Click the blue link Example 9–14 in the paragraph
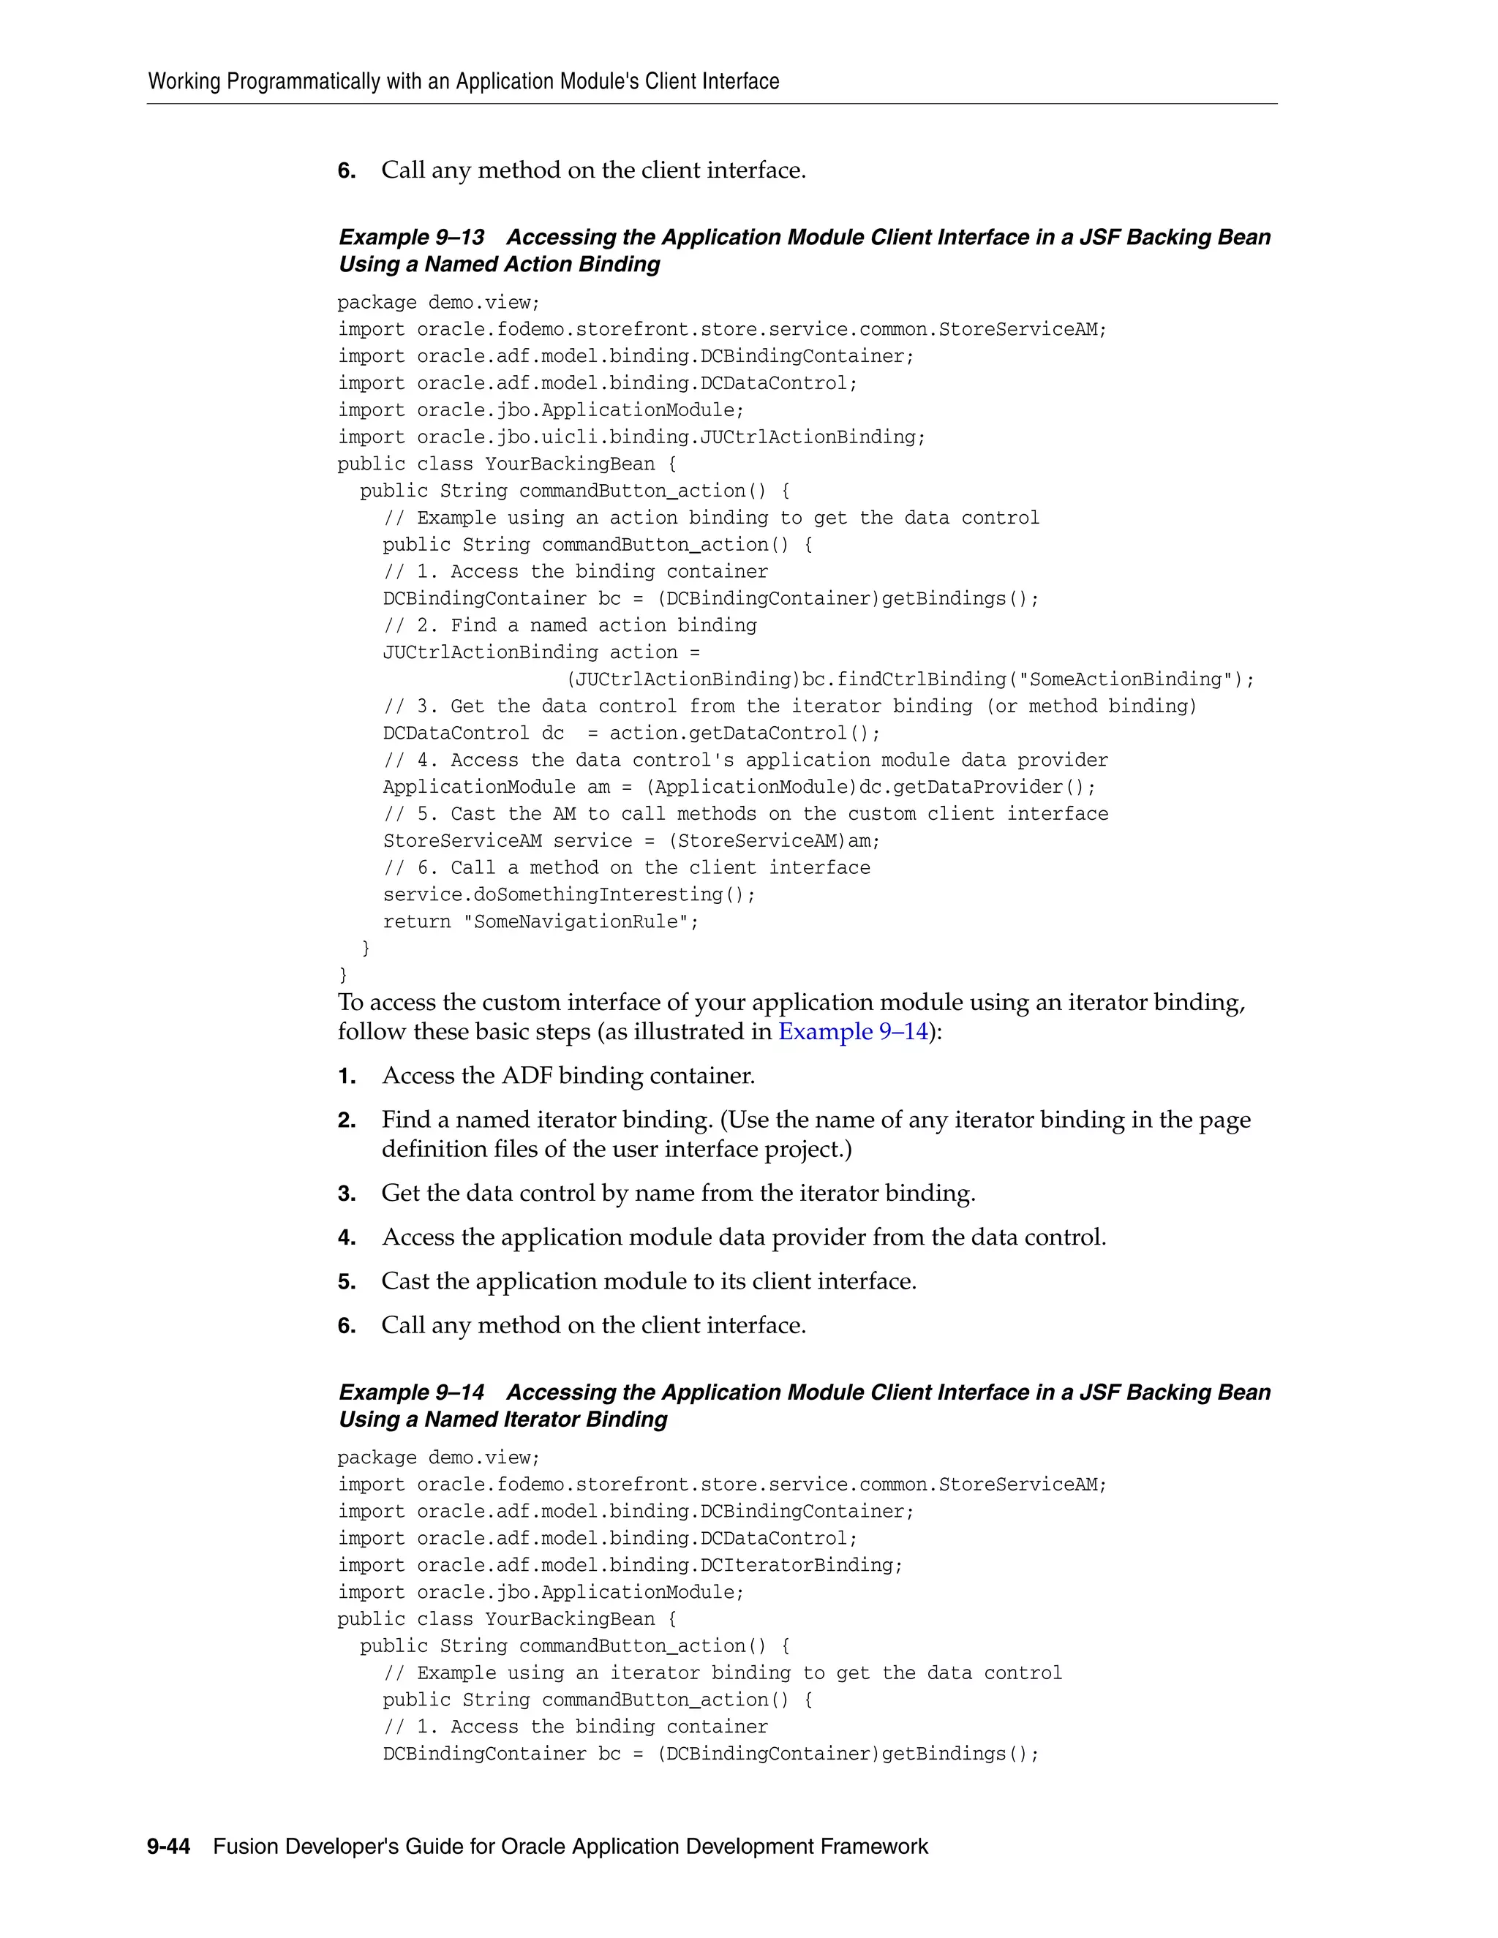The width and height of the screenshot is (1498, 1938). point(853,1032)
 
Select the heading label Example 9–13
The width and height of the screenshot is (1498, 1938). point(411,238)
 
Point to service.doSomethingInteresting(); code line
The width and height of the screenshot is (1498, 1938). point(569,894)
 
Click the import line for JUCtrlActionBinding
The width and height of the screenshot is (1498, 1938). point(631,437)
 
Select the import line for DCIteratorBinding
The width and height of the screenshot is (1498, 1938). point(620,1565)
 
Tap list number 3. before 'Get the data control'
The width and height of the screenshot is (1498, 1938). point(347,1194)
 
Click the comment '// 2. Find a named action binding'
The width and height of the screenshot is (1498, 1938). point(570,625)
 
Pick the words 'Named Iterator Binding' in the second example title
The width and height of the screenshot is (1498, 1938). point(546,1419)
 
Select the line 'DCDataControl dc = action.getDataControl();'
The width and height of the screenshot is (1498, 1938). point(631,734)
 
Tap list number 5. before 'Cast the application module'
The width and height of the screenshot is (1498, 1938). point(347,1282)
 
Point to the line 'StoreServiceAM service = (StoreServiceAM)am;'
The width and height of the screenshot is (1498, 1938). point(631,841)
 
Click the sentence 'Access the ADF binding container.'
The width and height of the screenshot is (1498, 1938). point(568,1077)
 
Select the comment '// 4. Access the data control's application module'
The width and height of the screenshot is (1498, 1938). point(745,761)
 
